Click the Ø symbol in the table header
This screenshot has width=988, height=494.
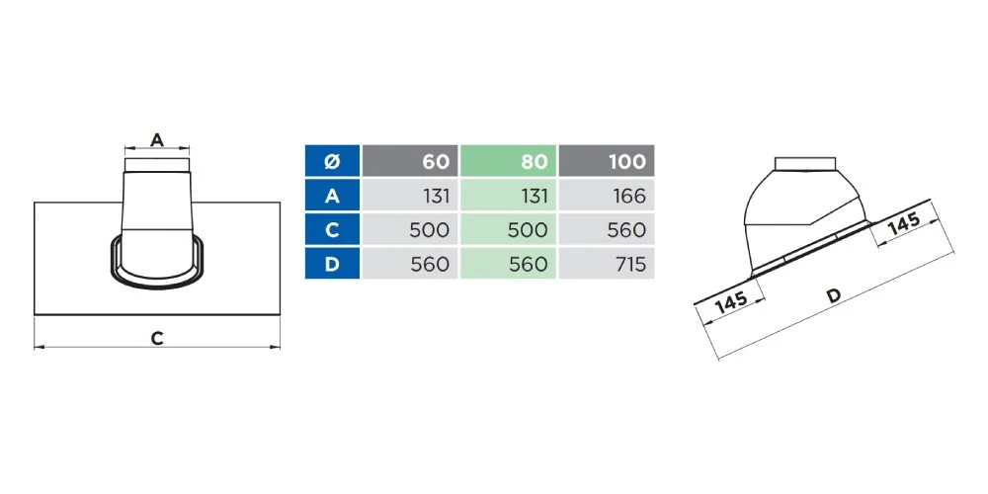click(332, 161)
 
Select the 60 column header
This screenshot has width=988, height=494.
click(410, 161)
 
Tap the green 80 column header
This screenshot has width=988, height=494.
click(508, 161)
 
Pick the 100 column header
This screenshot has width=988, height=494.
click(607, 161)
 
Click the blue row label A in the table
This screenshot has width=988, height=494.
click(332, 196)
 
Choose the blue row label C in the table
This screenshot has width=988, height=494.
click(332, 229)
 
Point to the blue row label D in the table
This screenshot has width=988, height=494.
click(332, 264)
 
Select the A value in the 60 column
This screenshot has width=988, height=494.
click(433, 196)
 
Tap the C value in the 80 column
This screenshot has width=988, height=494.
click(529, 229)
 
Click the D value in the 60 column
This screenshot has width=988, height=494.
click(430, 264)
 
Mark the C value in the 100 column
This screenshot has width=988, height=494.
click(625, 229)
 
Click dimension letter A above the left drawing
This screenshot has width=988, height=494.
click(156, 140)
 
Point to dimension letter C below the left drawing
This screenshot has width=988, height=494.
click(156, 338)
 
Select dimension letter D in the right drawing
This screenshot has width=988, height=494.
click(834, 295)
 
